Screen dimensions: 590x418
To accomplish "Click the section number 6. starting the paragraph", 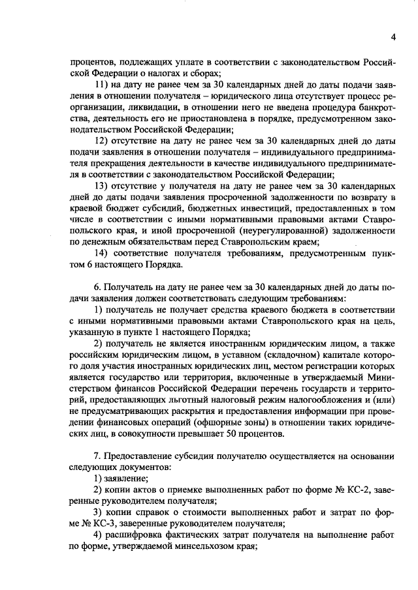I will pyautogui.click(x=99, y=287).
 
